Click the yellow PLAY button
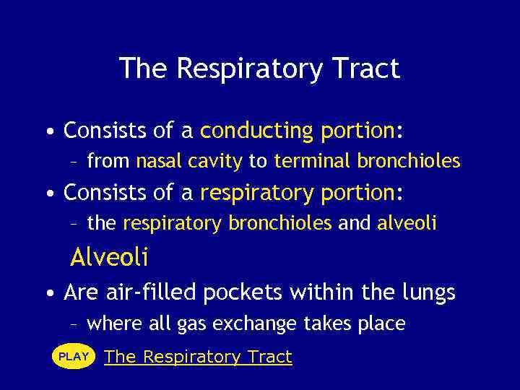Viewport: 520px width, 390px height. pos(74,357)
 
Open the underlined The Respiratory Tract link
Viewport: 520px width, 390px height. pos(198,357)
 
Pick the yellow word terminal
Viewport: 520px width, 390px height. pos(313,161)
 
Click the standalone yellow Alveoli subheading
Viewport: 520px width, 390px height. pos(109,256)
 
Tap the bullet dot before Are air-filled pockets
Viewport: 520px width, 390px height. pos(48,293)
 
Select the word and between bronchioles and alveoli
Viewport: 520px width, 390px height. pos(354,224)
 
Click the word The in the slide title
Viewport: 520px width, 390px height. pos(145,69)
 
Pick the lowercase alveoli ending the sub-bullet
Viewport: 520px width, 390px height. pos(407,224)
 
